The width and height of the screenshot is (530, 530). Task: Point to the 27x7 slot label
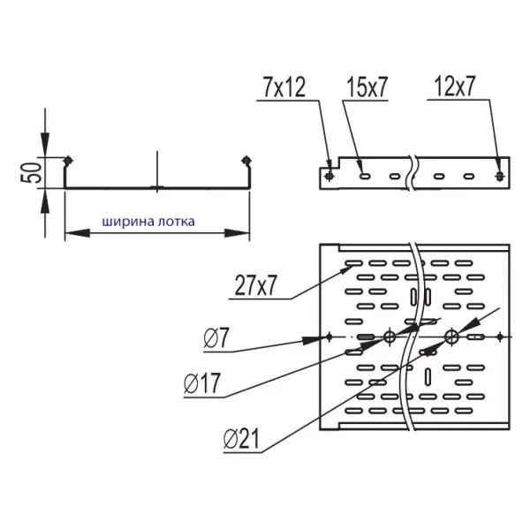pyautogui.click(x=256, y=286)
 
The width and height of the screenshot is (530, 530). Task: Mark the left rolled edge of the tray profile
pyautogui.click(x=67, y=160)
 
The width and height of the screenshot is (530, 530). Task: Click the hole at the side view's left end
pyautogui.click(x=329, y=175)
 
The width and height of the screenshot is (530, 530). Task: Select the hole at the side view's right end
pyautogui.click(x=500, y=175)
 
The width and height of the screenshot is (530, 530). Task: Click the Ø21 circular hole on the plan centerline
pyautogui.click(x=451, y=337)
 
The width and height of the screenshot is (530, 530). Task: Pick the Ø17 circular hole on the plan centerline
pyautogui.click(x=388, y=337)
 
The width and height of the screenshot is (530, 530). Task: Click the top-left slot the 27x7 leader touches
pyautogui.click(x=352, y=263)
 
